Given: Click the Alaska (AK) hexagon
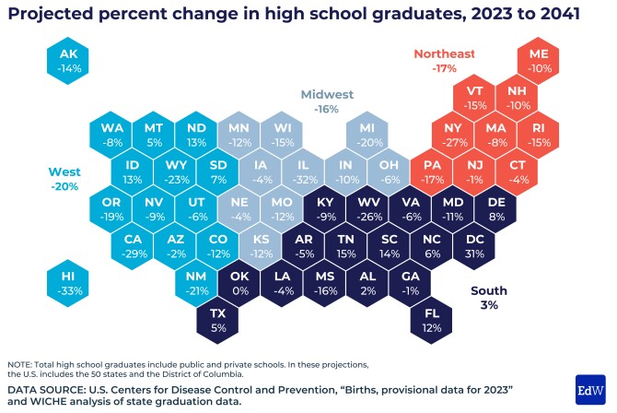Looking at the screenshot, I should pyautogui.click(x=70, y=61).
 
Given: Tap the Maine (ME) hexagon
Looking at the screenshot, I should pyautogui.click(x=540, y=61).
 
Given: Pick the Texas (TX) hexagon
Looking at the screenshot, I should pyautogui.click(x=217, y=320).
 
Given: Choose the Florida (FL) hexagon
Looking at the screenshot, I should pyautogui.click(x=431, y=320).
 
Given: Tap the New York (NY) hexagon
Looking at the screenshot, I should pyautogui.click(x=452, y=135).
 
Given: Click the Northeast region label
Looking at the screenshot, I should pyautogui.click(x=444, y=60).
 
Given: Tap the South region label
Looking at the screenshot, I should pyautogui.click(x=489, y=297).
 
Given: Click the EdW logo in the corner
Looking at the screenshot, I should pyautogui.click(x=589, y=389).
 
